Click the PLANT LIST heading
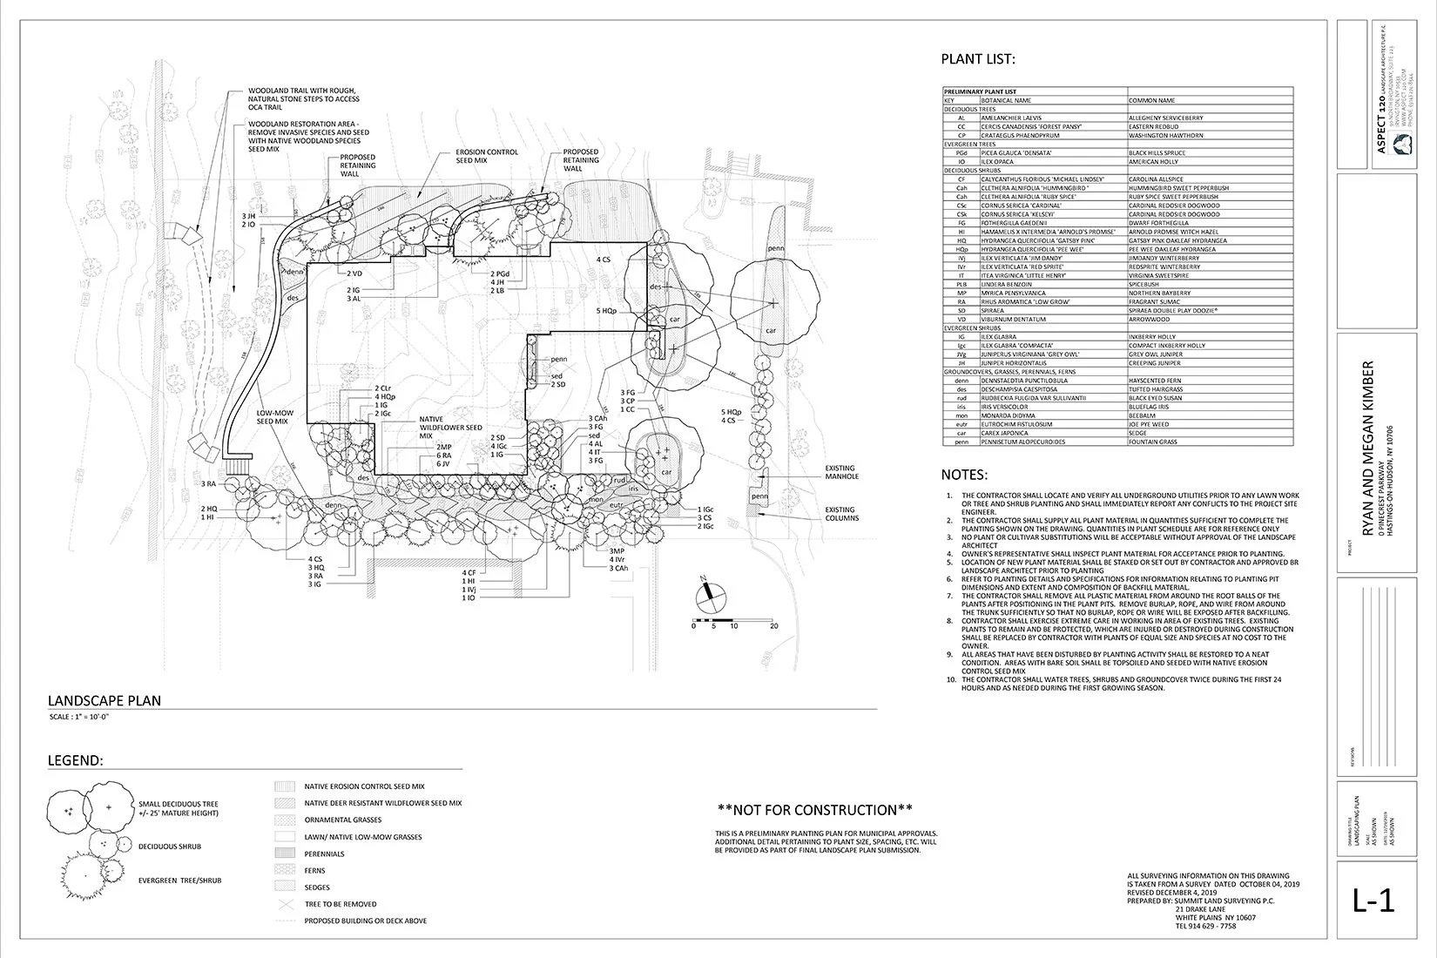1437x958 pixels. (x=977, y=60)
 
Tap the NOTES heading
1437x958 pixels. (x=964, y=476)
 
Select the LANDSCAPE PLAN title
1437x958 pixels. (x=104, y=700)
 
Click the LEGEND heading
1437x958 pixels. (x=75, y=760)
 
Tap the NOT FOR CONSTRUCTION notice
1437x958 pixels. (x=814, y=810)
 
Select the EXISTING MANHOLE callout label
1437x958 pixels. (x=840, y=473)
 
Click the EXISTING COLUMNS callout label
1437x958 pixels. (x=840, y=514)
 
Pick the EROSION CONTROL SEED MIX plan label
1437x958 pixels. (x=487, y=156)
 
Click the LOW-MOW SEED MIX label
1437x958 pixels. (x=272, y=417)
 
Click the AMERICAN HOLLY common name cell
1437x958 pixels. (x=1155, y=161)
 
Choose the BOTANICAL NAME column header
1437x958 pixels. (x=1003, y=100)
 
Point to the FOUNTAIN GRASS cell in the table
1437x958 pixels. (x=1152, y=442)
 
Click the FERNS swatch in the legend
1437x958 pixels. (x=285, y=870)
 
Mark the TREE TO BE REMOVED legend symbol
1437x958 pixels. (x=285, y=904)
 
